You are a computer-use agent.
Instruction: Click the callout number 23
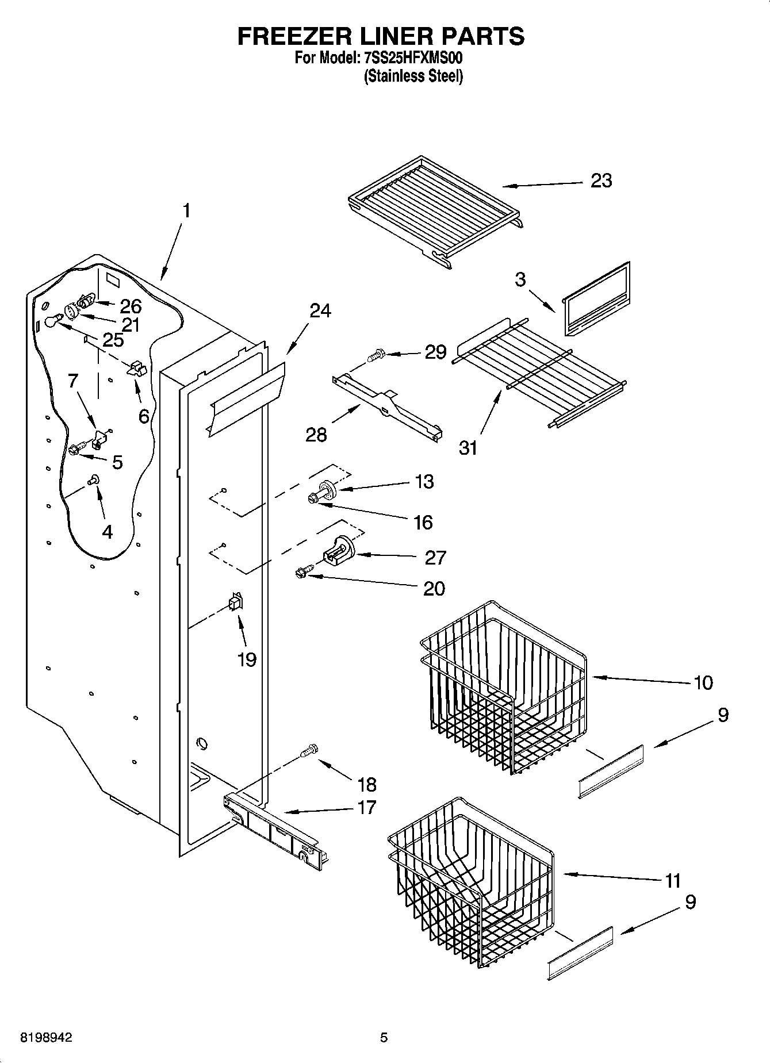click(x=601, y=181)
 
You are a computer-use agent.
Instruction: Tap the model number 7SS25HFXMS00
click(x=413, y=58)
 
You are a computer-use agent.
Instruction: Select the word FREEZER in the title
click(x=292, y=36)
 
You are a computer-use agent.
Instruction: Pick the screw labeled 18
click(x=309, y=750)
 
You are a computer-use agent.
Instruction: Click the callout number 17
click(x=366, y=807)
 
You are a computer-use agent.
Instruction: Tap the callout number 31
click(x=468, y=447)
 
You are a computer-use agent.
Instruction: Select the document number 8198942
click(x=46, y=1038)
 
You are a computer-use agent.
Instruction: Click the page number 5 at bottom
click(x=384, y=1038)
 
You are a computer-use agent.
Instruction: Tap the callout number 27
click(x=435, y=558)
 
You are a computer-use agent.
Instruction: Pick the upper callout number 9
click(x=723, y=715)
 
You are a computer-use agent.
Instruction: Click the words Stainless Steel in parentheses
click(x=413, y=76)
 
